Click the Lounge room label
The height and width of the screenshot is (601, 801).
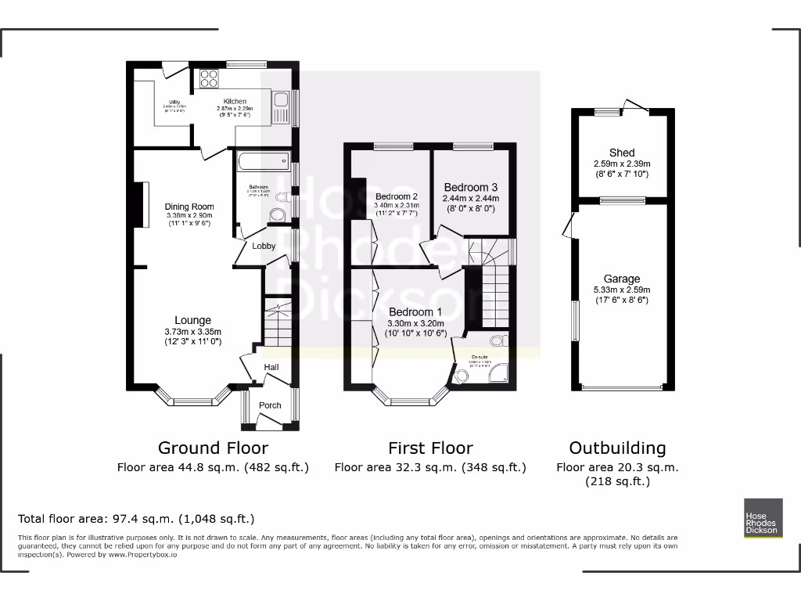click(x=192, y=320)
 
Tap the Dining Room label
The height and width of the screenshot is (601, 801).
click(x=189, y=207)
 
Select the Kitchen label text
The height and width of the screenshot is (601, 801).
click(x=235, y=102)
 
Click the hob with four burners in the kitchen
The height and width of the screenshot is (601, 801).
click(x=209, y=78)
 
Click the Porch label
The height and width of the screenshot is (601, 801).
click(x=270, y=405)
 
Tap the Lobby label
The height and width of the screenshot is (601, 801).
click(x=264, y=246)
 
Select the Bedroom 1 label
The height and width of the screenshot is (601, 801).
click(x=415, y=312)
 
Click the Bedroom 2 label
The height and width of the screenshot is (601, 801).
click(x=396, y=196)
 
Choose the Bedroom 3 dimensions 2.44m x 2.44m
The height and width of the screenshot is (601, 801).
click(x=471, y=199)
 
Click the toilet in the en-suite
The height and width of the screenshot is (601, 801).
click(x=496, y=341)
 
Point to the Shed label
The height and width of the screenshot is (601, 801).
click(x=622, y=153)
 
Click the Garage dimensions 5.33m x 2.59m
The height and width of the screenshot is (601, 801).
click(x=622, y=290)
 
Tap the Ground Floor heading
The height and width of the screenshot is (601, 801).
click(x=213, y=448)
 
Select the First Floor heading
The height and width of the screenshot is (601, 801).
click(x=430, y=448)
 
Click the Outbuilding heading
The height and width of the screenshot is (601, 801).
click(x=617, y=448)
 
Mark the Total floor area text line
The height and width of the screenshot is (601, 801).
click(x=136, y=519)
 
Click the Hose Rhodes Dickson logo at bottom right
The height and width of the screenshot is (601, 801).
click(x=762, y=518)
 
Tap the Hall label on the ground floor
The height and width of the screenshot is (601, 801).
click(x=271, y=367)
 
